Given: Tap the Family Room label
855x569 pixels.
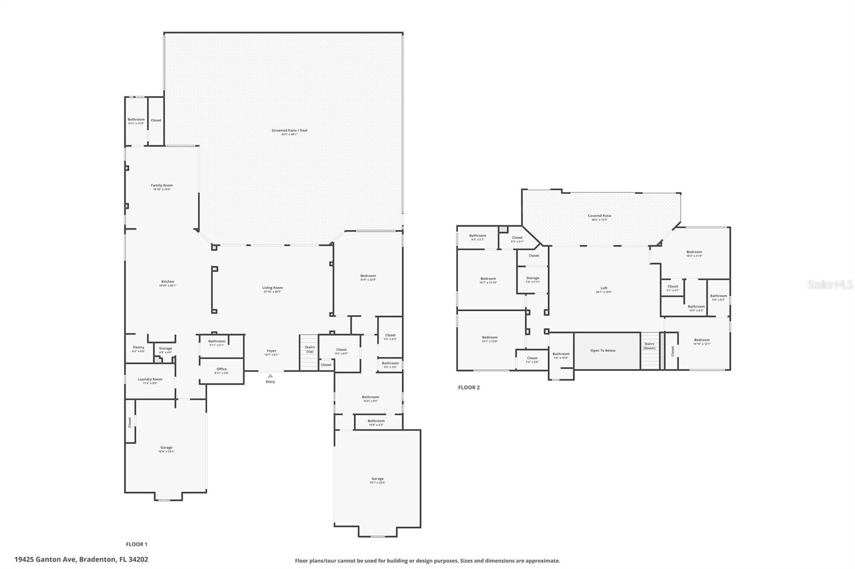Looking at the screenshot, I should [161, 186].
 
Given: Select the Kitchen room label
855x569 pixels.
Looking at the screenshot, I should [168, 282].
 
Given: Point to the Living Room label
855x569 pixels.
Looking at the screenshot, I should [272, 288].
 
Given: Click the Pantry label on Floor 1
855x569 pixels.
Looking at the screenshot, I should [138, 347].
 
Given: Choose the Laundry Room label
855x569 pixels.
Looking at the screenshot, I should [150, 380].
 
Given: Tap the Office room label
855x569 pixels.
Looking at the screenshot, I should [222, 369].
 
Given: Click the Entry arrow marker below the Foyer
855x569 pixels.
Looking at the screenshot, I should [270, 376].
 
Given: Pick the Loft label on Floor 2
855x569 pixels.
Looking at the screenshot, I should [604, 289].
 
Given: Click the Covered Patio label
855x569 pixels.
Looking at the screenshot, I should [600, 216].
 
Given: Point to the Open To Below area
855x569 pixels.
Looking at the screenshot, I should [603, 351].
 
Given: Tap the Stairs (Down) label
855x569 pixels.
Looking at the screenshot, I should [649, 346].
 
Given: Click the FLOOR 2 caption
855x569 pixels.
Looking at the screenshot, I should [469, 388].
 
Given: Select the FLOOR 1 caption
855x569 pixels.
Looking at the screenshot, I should [136, 544].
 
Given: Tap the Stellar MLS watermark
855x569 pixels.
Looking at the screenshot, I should [830, 285].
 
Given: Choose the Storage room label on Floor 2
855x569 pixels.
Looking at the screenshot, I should [532, 278].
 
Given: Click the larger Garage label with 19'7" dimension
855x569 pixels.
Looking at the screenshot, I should [377, 479].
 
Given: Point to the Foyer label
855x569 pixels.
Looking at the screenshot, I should [271, 351].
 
